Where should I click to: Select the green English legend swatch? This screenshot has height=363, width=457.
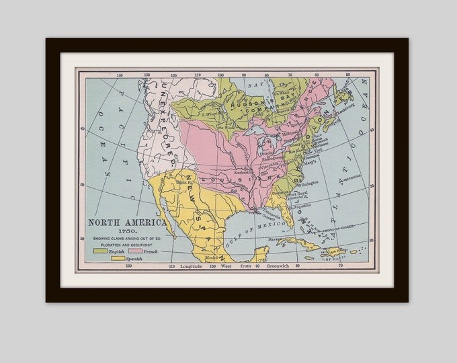[x=99, y=250]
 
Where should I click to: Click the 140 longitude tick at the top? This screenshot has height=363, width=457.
[x=119, y=75]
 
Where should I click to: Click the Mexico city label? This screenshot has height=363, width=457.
[x=212, y=257]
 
